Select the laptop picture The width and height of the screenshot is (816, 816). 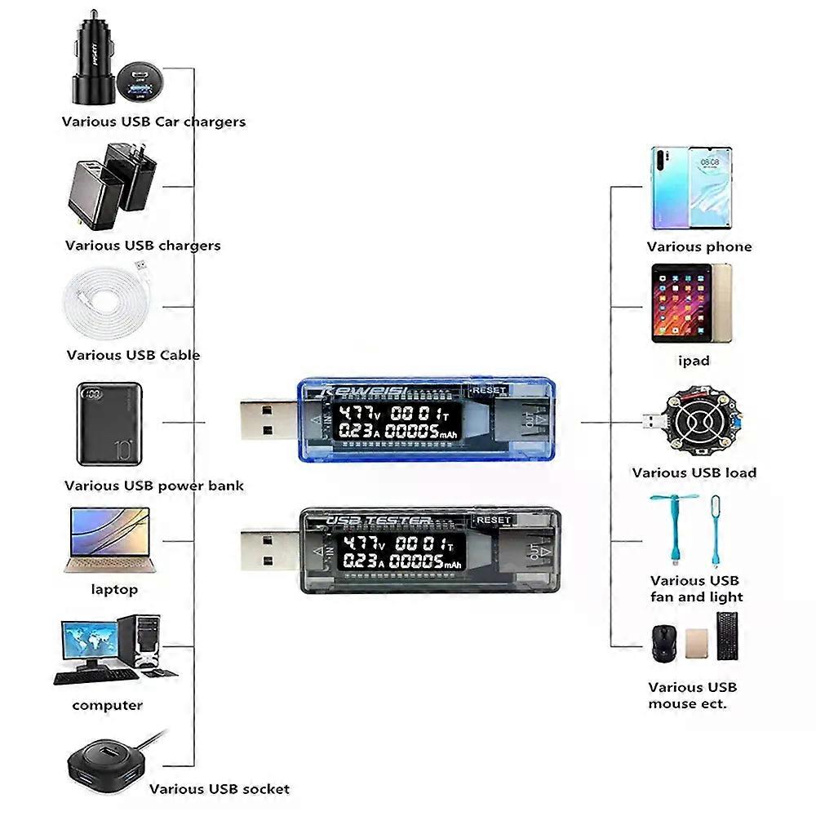coord(109,539)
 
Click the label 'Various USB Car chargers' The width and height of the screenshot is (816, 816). coord(153,122)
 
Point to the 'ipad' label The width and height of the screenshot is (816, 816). coord(694,361)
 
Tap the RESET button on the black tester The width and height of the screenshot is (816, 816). coord(492,520)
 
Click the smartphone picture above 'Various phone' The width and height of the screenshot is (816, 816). coord(690,188)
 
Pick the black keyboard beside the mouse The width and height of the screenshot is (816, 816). coord(728,635)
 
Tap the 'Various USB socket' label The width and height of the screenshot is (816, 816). coord(219,789)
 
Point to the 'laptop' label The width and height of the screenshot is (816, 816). coord(114,589)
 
